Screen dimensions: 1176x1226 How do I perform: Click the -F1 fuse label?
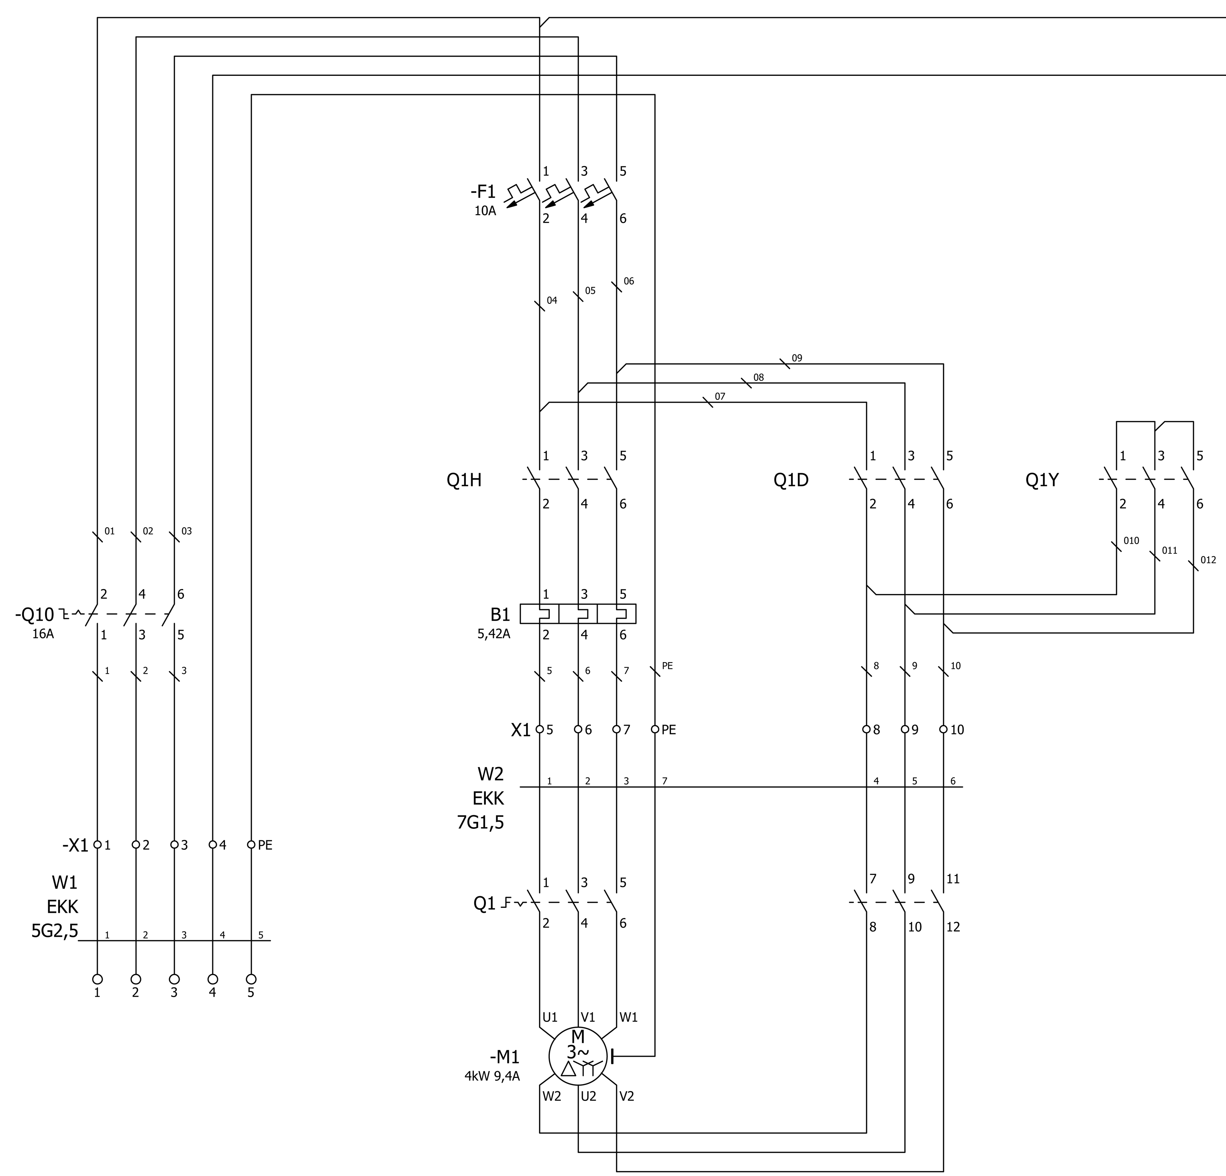[x=483, y=192]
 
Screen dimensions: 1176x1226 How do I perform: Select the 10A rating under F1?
[x=485, y=211]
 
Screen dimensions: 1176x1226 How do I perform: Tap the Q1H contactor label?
[x=464, y=480]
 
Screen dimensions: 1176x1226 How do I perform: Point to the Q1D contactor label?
[x=791, y=480]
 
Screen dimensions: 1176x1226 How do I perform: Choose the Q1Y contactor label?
[x=1042, y=480]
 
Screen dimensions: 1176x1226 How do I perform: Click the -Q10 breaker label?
[x=35, y=615]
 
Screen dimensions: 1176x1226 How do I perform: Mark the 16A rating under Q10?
[x=43, y=634]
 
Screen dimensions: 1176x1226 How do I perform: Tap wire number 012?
[x=1208, y=560]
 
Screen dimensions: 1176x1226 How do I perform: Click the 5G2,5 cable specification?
[x=55, y=932]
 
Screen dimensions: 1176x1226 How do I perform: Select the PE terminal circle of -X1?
[x=251, y=845]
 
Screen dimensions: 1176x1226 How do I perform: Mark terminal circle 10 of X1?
[x=943, y=729]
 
